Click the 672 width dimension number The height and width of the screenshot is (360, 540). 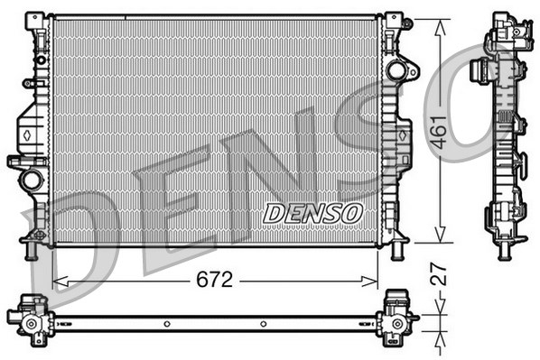(215, 280)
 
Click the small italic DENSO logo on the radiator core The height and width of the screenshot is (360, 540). (312, 213)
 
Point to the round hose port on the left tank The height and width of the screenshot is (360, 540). (32, 179)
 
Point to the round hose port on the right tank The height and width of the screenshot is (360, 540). (396, 69)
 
